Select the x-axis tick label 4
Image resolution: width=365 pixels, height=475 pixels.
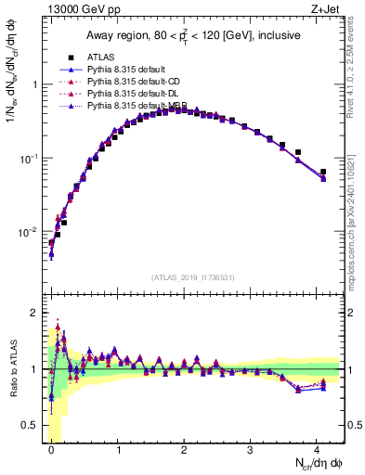(317, 449)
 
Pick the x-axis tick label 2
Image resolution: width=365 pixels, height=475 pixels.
(184, 449)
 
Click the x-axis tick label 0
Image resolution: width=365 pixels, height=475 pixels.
(51, 449)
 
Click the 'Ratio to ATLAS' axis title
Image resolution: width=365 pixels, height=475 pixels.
(12, 368)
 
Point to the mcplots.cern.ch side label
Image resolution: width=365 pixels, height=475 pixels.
(355, 213)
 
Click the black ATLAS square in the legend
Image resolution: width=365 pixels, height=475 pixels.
(63, 57)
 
